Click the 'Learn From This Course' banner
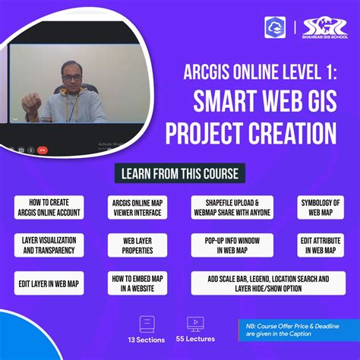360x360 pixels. (180, 174)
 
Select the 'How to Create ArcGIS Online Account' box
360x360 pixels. (47, 207)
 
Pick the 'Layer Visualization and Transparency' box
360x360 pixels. (47, 244)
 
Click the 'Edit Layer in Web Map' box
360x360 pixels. (47, 282)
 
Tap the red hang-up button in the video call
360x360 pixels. (42, 149)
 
